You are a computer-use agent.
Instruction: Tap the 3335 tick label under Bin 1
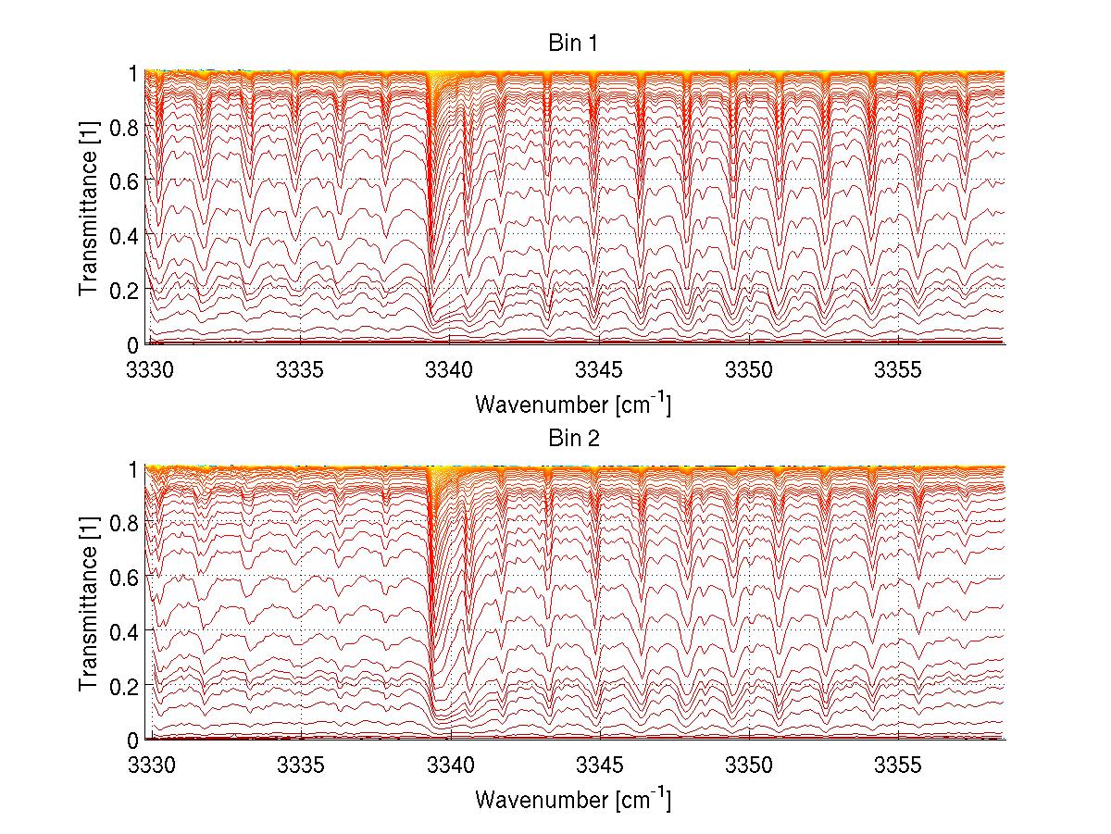(300, 370)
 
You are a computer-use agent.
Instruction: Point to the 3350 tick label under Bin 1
(749, 370)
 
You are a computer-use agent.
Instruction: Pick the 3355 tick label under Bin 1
(898, 370)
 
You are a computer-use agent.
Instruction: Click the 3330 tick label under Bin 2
(151, 766)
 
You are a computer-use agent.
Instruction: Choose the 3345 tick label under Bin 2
(600, 766)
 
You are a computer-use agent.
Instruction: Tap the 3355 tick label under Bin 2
(898, 766)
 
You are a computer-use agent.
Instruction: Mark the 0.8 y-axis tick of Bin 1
(124, 127)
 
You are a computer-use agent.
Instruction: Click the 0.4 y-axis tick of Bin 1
(124, 235)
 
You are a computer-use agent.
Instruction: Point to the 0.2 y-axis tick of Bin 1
(124, 289)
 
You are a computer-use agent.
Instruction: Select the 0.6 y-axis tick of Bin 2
(124, 577)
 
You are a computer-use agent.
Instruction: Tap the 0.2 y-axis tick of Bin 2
(124, 685)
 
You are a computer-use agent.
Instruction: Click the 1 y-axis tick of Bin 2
(132, 469)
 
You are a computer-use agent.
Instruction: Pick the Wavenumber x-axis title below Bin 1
(573, 404)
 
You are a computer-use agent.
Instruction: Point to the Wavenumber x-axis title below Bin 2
(573, 799)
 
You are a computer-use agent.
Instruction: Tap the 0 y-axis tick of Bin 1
(132, 343)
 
